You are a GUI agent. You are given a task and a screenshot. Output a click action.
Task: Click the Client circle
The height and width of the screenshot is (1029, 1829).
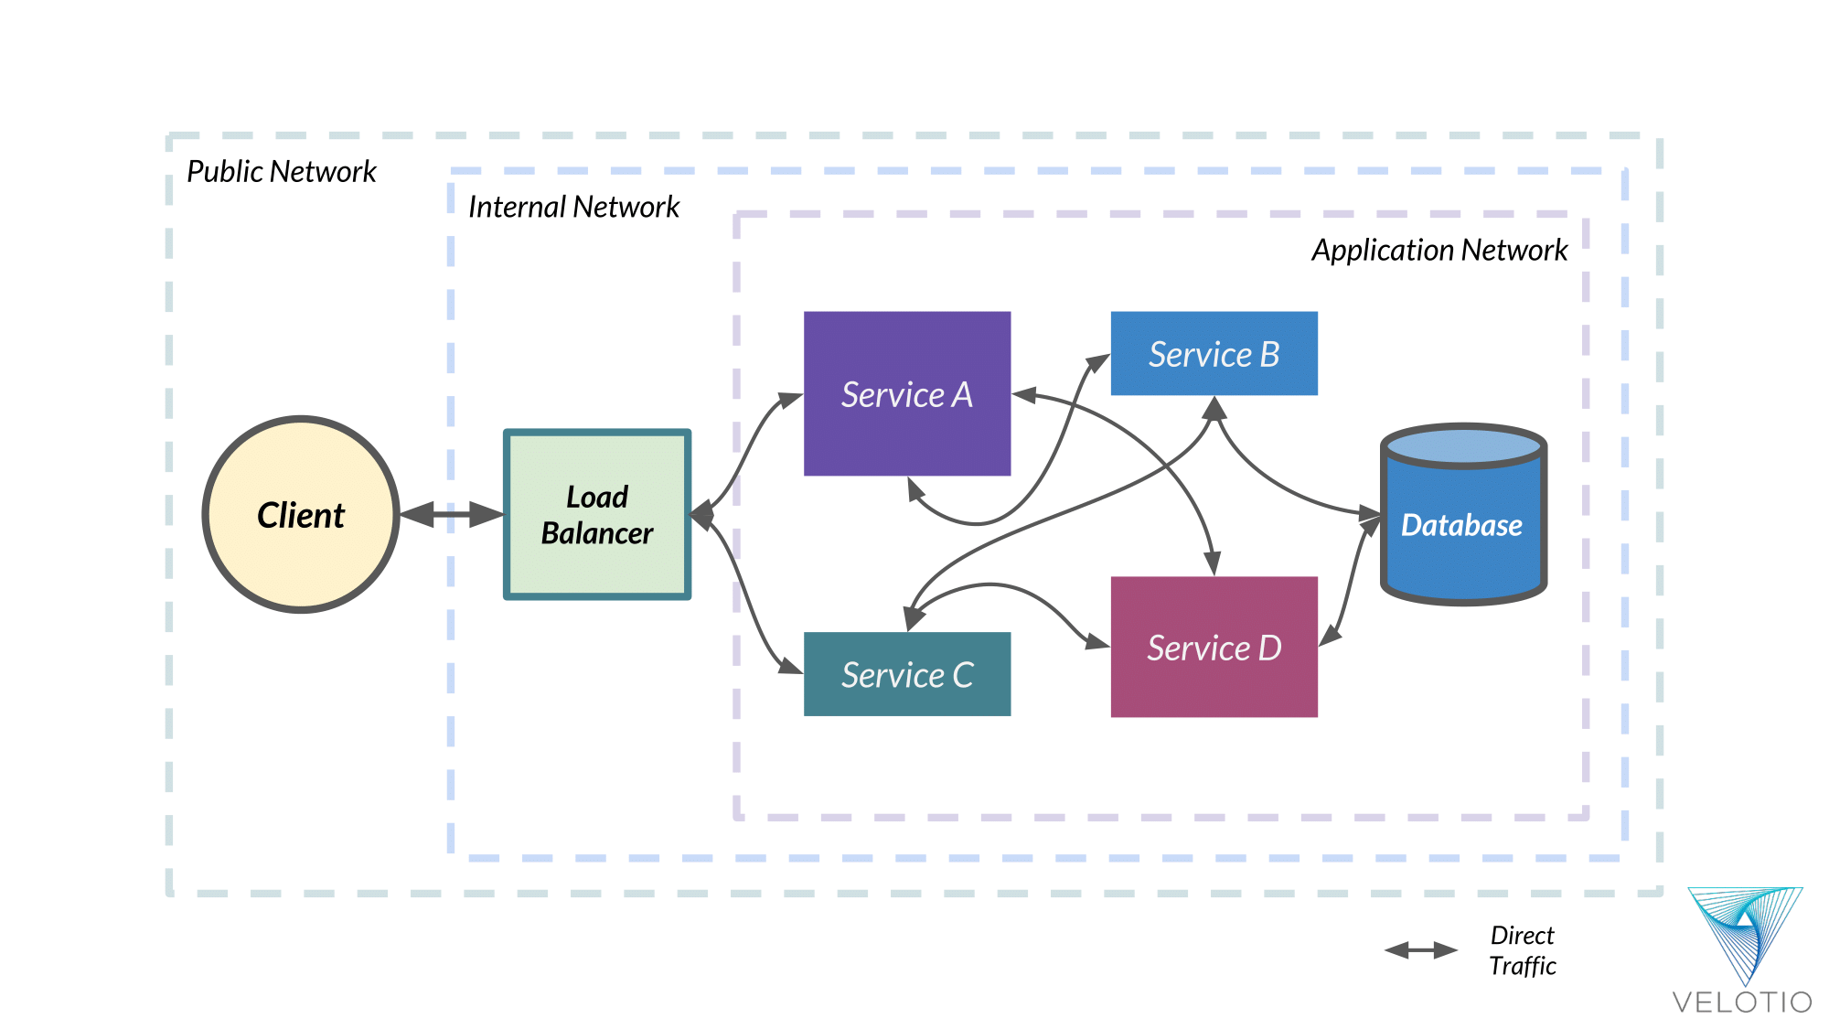(x=300, y=514)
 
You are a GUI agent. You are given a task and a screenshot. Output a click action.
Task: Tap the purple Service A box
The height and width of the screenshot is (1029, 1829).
(x=906, y=393)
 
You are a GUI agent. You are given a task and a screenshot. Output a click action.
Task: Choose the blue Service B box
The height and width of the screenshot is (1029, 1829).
(x=1214, y=353)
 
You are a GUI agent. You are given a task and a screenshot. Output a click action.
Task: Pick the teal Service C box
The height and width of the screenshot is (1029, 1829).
(x=906, y=674)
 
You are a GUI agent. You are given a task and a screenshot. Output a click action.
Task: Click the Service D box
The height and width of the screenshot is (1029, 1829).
(x=1214, y=647)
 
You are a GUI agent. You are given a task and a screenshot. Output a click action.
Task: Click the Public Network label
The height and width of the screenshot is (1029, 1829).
(x=281, y=171)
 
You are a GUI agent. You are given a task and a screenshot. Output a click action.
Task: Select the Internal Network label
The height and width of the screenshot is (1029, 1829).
(x=573, y=207)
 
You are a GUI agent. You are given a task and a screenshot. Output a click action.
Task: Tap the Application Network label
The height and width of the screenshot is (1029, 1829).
(x=1439, y=250)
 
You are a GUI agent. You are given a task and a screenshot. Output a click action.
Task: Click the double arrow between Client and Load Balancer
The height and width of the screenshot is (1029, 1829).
(x=451, y=514)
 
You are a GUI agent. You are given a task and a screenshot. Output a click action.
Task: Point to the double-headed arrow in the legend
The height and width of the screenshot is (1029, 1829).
(x=1420, y=950)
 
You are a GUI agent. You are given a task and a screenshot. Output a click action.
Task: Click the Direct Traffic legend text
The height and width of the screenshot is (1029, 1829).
(x=1522, y=950)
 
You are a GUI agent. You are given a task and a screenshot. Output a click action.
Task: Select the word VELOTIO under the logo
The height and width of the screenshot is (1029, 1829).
(x=1741, y=1002)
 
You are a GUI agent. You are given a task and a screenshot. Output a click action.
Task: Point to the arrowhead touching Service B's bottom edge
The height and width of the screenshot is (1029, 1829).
(x=1214, y=408)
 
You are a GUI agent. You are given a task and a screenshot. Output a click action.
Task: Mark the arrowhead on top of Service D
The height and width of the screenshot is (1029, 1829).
(x=1213, y=563)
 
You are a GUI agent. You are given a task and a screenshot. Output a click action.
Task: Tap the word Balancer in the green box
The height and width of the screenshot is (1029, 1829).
(x=597, y=533)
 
